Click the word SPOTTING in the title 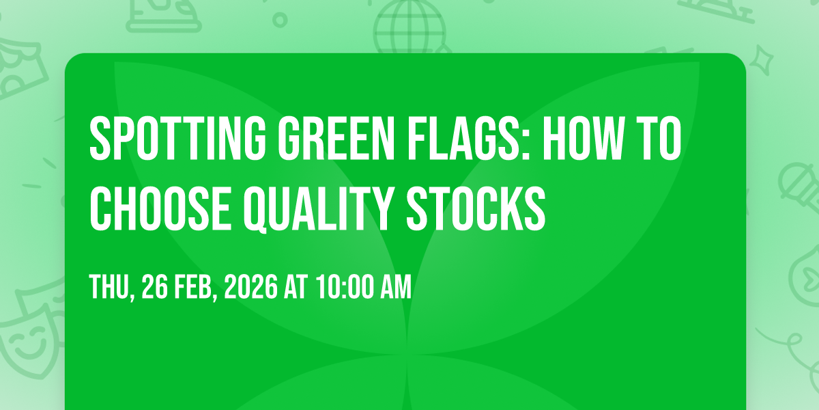(177, 138)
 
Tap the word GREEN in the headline (336, 138)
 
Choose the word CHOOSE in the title (160, 208)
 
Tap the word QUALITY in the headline (319, 209)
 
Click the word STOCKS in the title (476, 208)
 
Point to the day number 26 (155, 287)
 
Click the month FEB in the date (194, 287)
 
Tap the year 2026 (251, 287)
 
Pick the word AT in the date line (296, 287)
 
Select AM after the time (396, 287)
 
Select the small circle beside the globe (280, 20)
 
